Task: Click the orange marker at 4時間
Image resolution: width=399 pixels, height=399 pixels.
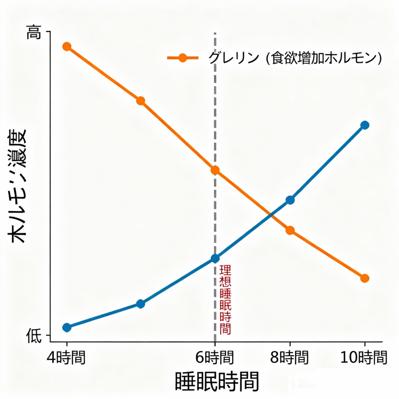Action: [67, 47]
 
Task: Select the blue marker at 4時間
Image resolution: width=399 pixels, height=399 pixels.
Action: [67, 327]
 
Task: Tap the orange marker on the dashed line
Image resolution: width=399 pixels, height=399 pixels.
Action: [215, 170]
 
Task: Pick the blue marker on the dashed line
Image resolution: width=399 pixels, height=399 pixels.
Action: [215, 258]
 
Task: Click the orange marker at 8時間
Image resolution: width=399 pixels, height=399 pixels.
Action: [290, 230]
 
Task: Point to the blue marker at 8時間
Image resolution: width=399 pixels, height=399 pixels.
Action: [290, 200]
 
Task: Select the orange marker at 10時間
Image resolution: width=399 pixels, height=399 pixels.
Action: [365, 278]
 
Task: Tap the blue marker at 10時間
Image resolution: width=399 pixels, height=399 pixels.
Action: [365, 125]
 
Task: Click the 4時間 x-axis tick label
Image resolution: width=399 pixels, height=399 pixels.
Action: [67, 357]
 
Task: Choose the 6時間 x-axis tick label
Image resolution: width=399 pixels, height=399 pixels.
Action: [215, 357]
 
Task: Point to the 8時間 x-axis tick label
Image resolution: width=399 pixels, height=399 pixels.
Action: [290, 357]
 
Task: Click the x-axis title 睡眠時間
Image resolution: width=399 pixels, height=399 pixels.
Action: [217, 381]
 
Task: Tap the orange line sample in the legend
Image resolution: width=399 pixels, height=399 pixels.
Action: [182, 58]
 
